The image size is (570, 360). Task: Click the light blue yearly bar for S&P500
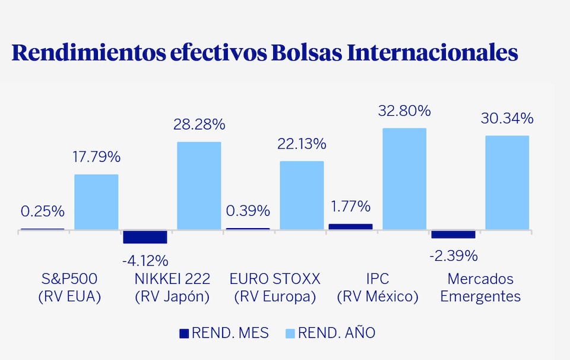coord(96,202)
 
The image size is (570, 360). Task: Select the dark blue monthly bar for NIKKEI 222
coord(145,236)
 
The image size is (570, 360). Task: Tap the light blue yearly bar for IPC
coord(404,179)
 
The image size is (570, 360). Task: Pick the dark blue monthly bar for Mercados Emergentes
coord(453,234)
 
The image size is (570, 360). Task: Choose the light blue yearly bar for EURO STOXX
coord(302,195)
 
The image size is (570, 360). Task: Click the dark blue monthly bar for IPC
coord(350,226)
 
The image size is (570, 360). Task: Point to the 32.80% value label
coord(404,111)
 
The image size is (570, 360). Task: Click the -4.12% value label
coord(145,260)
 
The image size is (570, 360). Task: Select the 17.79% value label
coord(96,157)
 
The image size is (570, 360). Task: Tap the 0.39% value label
coord(248,210)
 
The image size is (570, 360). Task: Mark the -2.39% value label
coord(454,255)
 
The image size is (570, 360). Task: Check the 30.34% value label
coord(507,118)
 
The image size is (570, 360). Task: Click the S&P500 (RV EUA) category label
coord(69,288)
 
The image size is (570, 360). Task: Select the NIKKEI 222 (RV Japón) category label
coord(172,288)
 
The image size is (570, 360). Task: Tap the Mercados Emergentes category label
coord(480,288)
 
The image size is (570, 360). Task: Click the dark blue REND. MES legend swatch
coord(184,334)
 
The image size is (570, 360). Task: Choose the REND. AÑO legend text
coord(337,333)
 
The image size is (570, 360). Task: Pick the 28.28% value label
coord(199,125)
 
